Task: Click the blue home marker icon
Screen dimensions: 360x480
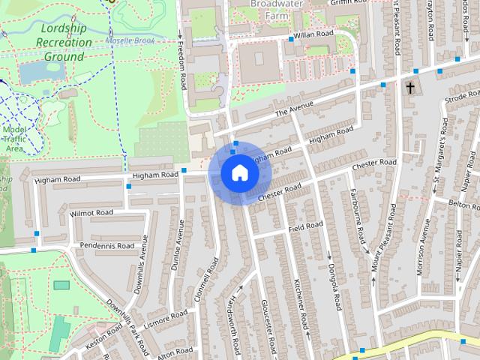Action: point(239,173)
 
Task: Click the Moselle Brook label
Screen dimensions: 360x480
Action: point(129,40)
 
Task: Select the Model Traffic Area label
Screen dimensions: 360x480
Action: point(14,139)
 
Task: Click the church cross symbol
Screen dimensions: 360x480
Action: point(410,88)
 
